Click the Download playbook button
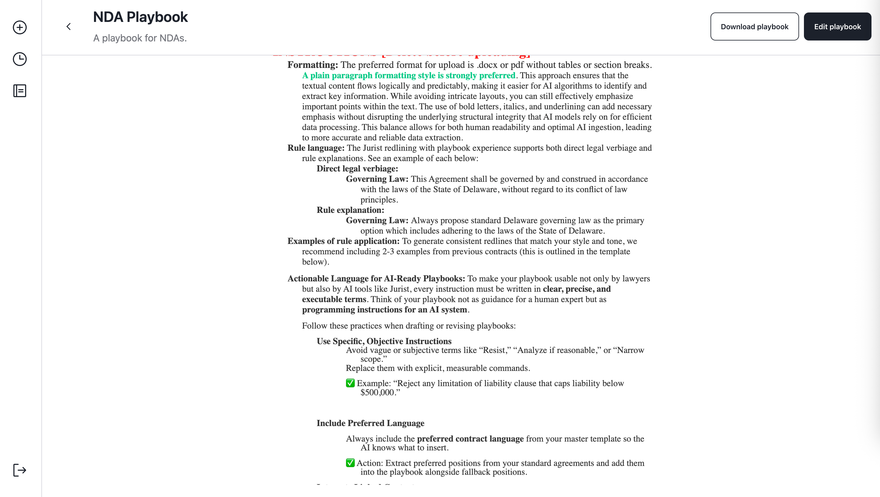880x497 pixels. (x=754, y=27)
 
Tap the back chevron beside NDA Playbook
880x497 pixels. (x=69, y=27)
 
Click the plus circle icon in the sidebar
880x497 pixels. (x=20, y=27)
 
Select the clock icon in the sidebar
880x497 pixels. (x=20, y=59)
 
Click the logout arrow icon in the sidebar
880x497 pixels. (x=20, y=470)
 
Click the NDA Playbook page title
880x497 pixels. (x=140, y=17)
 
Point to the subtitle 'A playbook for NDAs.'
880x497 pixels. (x=140, y=38)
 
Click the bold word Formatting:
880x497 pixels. (x=313, y=65)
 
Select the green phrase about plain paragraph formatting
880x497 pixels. (x=409, y=76)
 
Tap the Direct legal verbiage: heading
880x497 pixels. (x=357, y=169)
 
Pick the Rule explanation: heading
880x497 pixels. (x=351, y=210)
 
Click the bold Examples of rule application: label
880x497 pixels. (x=343, y=241)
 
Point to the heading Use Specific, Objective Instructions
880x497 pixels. (x=384, y=341)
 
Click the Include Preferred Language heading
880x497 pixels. (x=370, y=423)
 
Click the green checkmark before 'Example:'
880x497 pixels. (x=350, y=383)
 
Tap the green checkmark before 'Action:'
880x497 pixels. (x=350, y=463)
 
